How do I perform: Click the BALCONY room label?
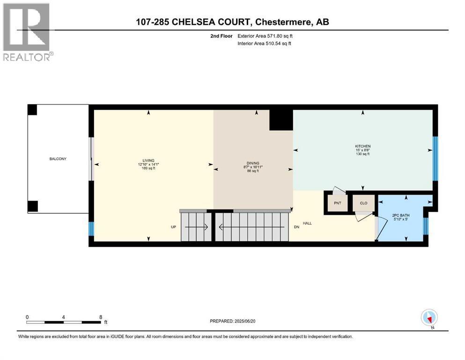[x=58, y=159]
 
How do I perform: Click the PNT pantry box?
[x=337, y=203]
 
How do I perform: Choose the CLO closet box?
[x=363, y=203]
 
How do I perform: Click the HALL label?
[x=307, y=223]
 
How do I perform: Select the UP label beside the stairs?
[x=173, y=227]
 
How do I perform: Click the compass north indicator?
[x=429, y=318]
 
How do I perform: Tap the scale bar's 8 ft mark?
[x=100, y=317]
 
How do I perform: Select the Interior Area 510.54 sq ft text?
[x=265, y=44]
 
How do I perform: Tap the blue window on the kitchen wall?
[x=435, y=158]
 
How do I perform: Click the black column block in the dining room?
[x=281, y=120]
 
